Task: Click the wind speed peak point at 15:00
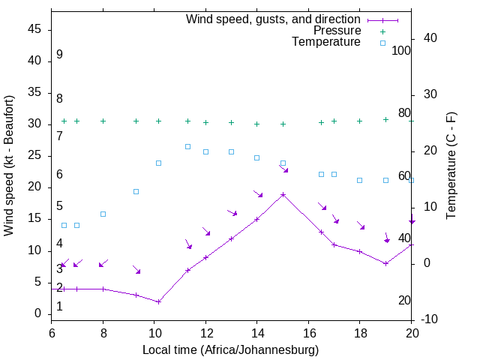point(283,194)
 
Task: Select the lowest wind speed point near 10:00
point(159,301)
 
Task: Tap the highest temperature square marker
point(187,146)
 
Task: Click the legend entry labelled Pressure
point(337,31)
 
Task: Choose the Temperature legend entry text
point(326,42)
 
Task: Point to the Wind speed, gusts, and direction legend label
point(273,19)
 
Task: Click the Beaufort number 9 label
point(59,55)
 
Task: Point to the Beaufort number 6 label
point(59,175)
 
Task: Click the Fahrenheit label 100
point(401,50)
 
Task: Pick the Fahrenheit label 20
point(404,300)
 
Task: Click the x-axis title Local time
point(230,349)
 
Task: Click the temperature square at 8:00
point(103,214)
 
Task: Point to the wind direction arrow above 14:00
point(258,193)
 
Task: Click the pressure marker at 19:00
point(385,119)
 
